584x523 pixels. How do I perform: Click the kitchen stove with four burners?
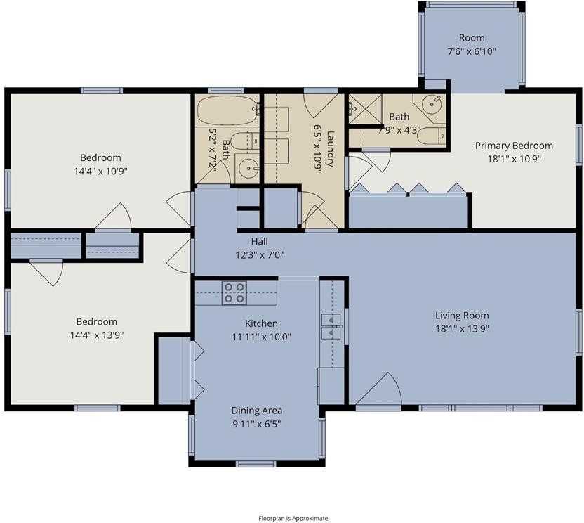click(x=234, y=292)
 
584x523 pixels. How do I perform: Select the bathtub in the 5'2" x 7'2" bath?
click(x=226, y=110)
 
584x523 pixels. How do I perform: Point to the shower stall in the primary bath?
click(x=363, y=110)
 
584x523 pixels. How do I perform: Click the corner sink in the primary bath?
click(x=432, y=106)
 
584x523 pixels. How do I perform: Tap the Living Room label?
click(x=461, y=316)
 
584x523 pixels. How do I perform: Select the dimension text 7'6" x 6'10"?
click(x=471, y=51)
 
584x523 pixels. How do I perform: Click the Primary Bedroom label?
click(x=513, y=146)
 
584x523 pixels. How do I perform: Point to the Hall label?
click(x=259, y=241)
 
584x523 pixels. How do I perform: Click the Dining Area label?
click(x=256, y=411)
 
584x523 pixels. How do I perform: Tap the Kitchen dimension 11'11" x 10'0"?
click(x=261, y=337)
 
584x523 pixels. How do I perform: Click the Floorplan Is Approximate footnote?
click(x=292, y=518)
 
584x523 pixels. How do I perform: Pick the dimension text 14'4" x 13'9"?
click(x=98, y=335)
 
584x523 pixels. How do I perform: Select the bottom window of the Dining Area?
click(x=256, y=463)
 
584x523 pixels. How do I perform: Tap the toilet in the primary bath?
click(x=430, y=135)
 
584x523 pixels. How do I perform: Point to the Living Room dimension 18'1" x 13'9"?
click(x=461, y=328)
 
